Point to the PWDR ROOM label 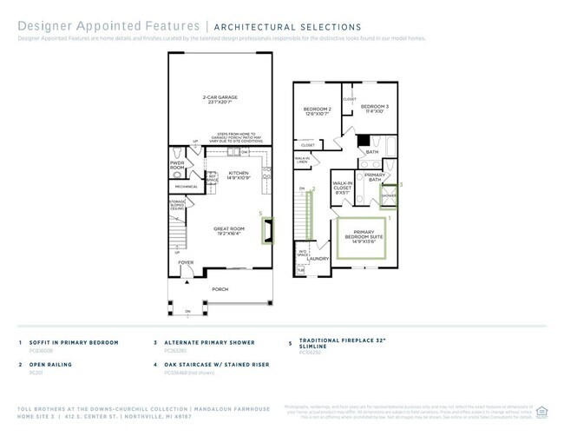(x=177, y=165)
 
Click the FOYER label (x=187, y=261)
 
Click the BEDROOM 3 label (x=375, y=109)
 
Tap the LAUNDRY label (x=318, y=258)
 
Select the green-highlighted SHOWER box (x=389, y=195)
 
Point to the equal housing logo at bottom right (x=542, y=411)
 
